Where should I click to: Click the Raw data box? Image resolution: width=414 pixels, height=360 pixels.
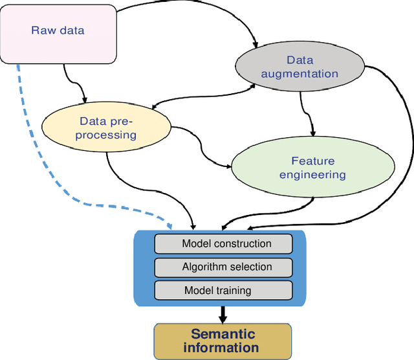pyautogui.click(x=58, y=30)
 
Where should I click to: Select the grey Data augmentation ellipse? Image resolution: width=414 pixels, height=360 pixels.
pyautogui.click(x=299, y=67)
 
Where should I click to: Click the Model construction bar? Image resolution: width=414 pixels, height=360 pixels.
pyautogui.click(x=223, y=243)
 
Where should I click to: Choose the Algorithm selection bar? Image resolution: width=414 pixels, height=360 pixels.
pyautogui.click(x=223, y=267)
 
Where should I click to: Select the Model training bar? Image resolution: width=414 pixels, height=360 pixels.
pyautogui.click(x=223, y=290)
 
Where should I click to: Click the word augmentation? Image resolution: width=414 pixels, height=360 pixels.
pyautogui.click(x=299, y=74)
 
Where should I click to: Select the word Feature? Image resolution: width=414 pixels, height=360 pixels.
pyautogui.click(x=312, y=161)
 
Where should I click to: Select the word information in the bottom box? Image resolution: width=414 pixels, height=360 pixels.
pyautogui.click(x=222, y=348)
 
